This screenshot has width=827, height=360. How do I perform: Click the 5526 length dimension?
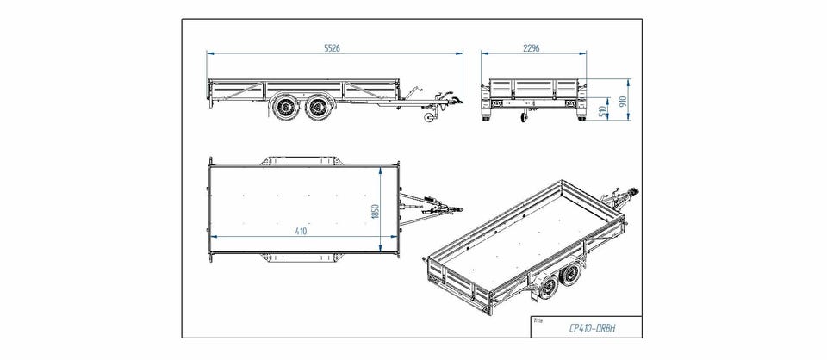(333, 48)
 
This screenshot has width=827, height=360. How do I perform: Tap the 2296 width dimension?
(531, 48)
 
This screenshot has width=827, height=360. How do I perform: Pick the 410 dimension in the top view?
(301, 231)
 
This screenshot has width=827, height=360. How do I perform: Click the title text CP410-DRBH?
(593, 327)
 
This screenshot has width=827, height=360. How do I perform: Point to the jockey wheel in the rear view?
(523, 120)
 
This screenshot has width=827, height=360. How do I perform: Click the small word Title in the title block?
(539, 319)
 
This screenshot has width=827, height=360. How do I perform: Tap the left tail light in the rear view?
(496, 103)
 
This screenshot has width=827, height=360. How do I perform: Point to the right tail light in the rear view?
(569, 103)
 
